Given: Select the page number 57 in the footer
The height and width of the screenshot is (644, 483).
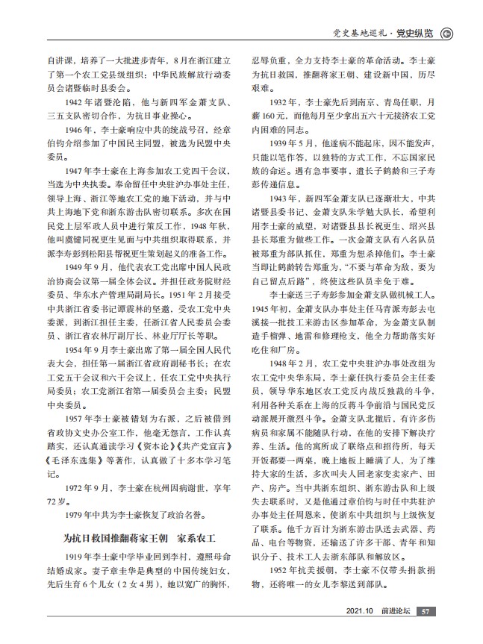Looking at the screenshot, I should (426, 611).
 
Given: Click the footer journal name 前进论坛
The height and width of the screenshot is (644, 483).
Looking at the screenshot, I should (393, 611).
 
